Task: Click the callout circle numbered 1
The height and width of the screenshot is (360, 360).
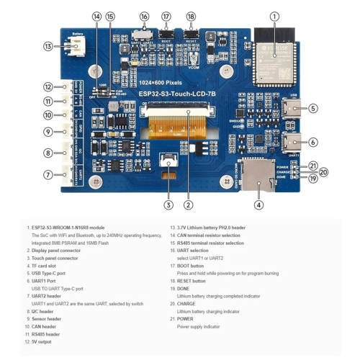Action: click(274, 16)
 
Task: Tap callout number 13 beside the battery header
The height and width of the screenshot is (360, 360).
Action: click(48, 47)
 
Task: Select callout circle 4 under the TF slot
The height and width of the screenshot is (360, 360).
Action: click(258, 204)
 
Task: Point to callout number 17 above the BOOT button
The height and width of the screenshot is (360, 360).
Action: click(166, 16)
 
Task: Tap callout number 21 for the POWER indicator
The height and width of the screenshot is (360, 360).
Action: click(313, 166)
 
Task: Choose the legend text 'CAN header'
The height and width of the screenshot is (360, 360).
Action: click(45, 326)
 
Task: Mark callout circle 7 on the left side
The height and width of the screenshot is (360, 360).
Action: click(48, 175)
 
